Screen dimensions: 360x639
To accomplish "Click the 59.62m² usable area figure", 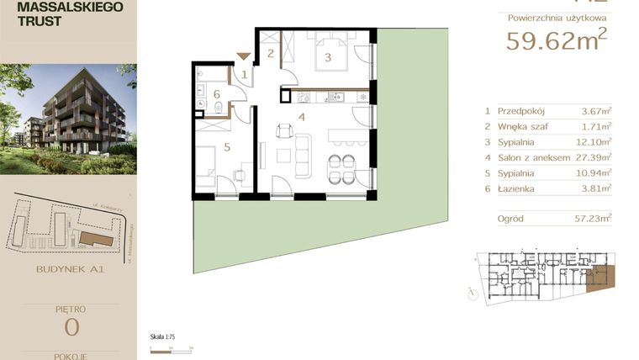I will (x=556, y=39).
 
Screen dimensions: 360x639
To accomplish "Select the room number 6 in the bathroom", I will (x=216, y=93).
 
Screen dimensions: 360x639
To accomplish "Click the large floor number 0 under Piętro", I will (x=68, y=326).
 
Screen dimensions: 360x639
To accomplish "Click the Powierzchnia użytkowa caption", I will (x=557, y=17).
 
